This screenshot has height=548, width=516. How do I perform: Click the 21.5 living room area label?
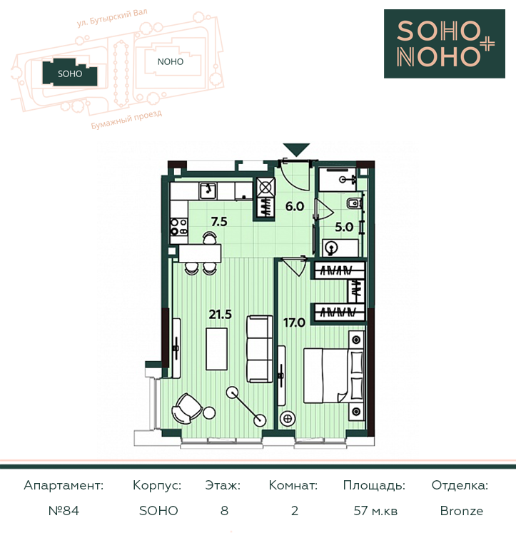click(221, 315)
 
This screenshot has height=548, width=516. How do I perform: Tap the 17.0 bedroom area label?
click(294, 323)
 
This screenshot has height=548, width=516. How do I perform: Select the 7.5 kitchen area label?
click(219, 222)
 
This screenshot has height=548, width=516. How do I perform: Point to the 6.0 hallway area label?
click(295, 206)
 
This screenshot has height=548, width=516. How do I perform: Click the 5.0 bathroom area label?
click(344, 227)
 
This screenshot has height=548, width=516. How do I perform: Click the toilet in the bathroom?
click(355, 203)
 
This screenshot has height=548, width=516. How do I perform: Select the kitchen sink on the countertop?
click(208, 191)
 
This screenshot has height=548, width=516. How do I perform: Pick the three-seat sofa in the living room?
click(259, 349)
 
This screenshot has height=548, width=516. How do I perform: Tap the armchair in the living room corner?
click(186, 408)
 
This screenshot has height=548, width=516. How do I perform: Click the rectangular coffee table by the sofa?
click(217, 348)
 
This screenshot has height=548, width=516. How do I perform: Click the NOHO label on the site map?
click(171, 62)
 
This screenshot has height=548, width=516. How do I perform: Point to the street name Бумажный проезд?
click(126, 120)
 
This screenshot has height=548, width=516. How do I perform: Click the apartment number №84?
click(64, 511)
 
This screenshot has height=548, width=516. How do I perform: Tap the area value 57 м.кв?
click(375, 511)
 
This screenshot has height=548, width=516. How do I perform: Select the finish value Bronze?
click(462, 511)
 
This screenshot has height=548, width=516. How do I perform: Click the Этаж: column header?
click(223, 485)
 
